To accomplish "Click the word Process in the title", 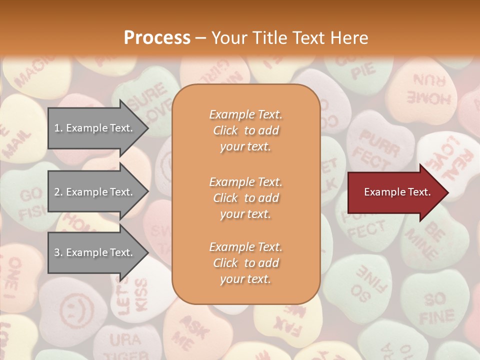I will pyautogui.click(x=157, y=38).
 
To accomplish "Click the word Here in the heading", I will pyautogui.click(x=350, y=38).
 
